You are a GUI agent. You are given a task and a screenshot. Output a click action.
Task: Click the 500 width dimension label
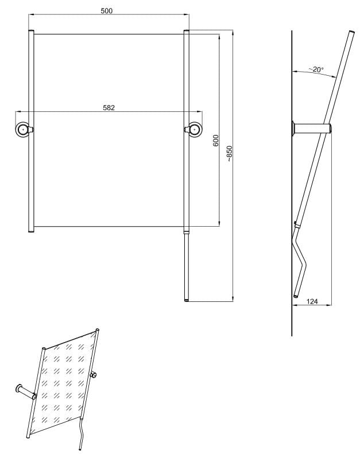click(x=107, y=11)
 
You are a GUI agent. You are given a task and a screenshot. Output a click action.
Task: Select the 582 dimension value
click(x=109, y=108)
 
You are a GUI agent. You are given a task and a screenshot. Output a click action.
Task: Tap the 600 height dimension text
click(x=216, y=141)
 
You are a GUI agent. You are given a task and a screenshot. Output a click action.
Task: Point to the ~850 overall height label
click(x=230, y=153)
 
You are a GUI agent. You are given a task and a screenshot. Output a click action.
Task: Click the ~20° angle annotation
click(x=316, y=69)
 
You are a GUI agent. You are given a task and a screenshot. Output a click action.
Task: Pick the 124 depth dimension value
click(x=312, y=301)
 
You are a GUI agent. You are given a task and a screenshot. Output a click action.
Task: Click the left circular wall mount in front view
click(x=22, y=129)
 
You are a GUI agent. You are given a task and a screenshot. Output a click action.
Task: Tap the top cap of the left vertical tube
click(x=31, y=30)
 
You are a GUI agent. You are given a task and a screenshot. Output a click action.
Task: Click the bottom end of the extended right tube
click(x=187, y=300)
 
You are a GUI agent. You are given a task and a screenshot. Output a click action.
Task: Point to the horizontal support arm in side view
click(x=312, y=128)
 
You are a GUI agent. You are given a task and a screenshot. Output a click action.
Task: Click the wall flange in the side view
click(x=293, y=128)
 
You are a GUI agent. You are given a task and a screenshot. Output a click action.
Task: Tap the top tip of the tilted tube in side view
click(x=352, y=32)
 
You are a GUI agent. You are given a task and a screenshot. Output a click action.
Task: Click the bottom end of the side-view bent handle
click(x=296, y=296)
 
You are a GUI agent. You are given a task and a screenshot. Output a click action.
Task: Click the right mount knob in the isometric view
click(x=94, y=375)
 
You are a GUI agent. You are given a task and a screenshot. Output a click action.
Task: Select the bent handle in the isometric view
click(x=82, y=433)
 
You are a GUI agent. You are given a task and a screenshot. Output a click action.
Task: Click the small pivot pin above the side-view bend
click(x=295, y=223)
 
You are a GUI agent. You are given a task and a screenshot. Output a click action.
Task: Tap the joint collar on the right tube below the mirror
click(x=187, y=232)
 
